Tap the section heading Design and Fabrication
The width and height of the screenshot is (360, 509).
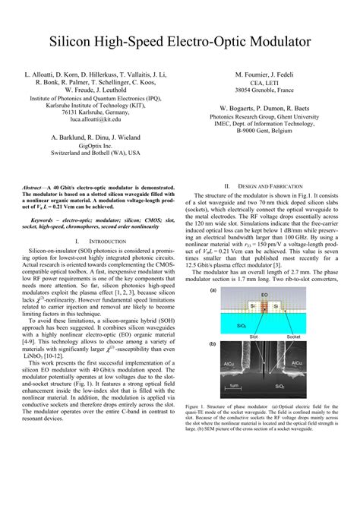coord(262,186)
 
